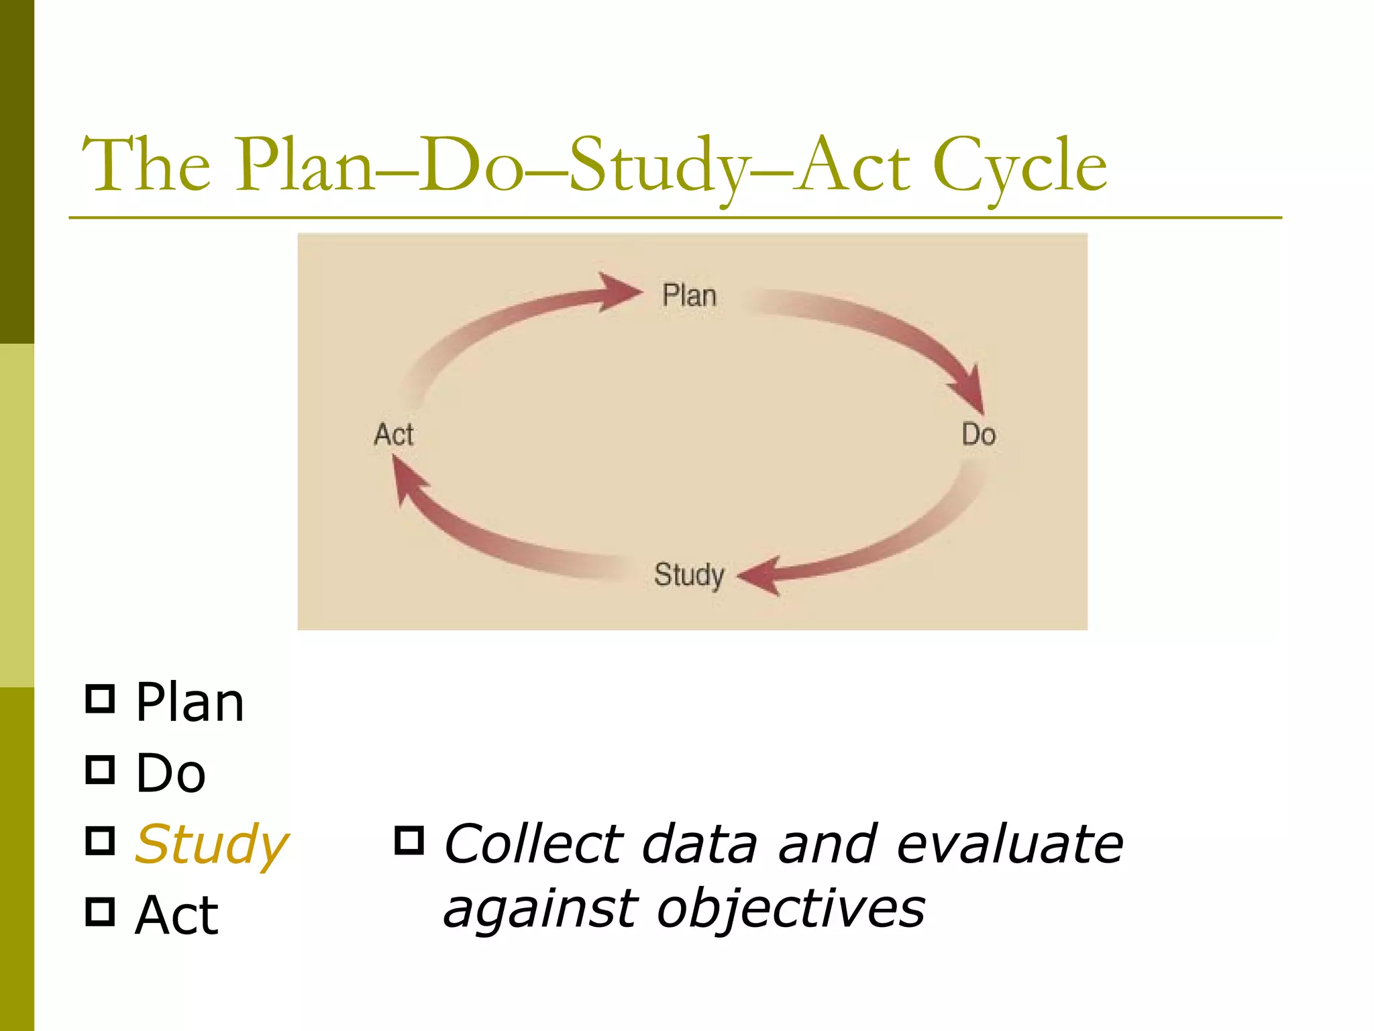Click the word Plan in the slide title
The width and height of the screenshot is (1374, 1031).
pyautogui.click(x=305, y=166)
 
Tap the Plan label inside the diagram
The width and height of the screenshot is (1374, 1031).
pyautogui.click(x=689, y=295)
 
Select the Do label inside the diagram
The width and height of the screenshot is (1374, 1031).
pyautogui.click(x=978, y=434)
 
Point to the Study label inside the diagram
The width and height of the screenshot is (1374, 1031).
pyautogui.click(x=689, y=575)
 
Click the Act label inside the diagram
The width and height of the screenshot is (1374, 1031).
pyautogui.click(x=394, y=434)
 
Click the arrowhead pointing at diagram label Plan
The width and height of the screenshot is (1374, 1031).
pyautogui.click(x=619, y=292)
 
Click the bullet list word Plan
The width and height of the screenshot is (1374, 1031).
pyautogui.click(x=190, y=703)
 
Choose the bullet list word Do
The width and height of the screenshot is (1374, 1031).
pyautogui.click(x=170, y=773)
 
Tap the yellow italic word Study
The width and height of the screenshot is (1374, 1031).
pyautogui.click(x=211, y=844)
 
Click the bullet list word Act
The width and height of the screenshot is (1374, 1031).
pyautogui.click(x=176, y=915)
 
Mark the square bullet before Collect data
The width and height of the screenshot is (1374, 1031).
pyautogui.click(x=409, y=840)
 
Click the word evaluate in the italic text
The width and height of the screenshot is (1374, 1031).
pyautogui.click(x=1010, y=844)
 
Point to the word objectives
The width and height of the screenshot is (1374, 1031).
pyautogui.click(x=791, y=909)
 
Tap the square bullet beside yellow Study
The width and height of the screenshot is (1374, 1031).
pyautogui.click(x=101, y=840)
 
